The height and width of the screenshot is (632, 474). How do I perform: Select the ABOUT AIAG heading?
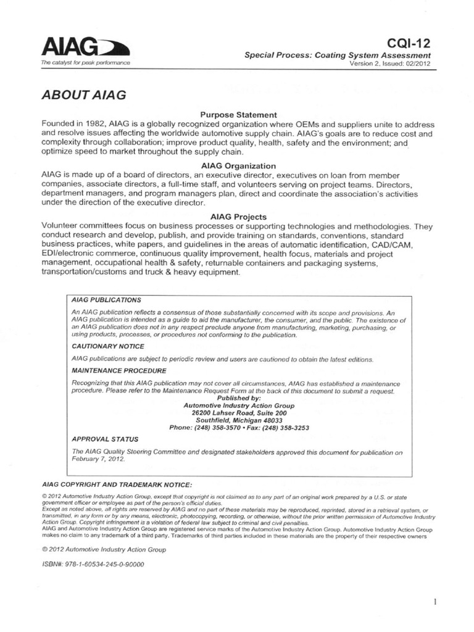[83, 95]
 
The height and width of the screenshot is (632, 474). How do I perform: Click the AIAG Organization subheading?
[238, 166]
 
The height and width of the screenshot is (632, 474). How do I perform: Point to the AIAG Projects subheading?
[238, 217]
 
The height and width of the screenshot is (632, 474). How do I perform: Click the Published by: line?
[239, 398]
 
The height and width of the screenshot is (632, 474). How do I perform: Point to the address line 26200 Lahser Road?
[239, 412]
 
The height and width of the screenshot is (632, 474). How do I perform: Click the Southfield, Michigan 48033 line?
[239, 420]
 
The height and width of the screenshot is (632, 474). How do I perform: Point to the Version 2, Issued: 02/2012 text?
[389, 63]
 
